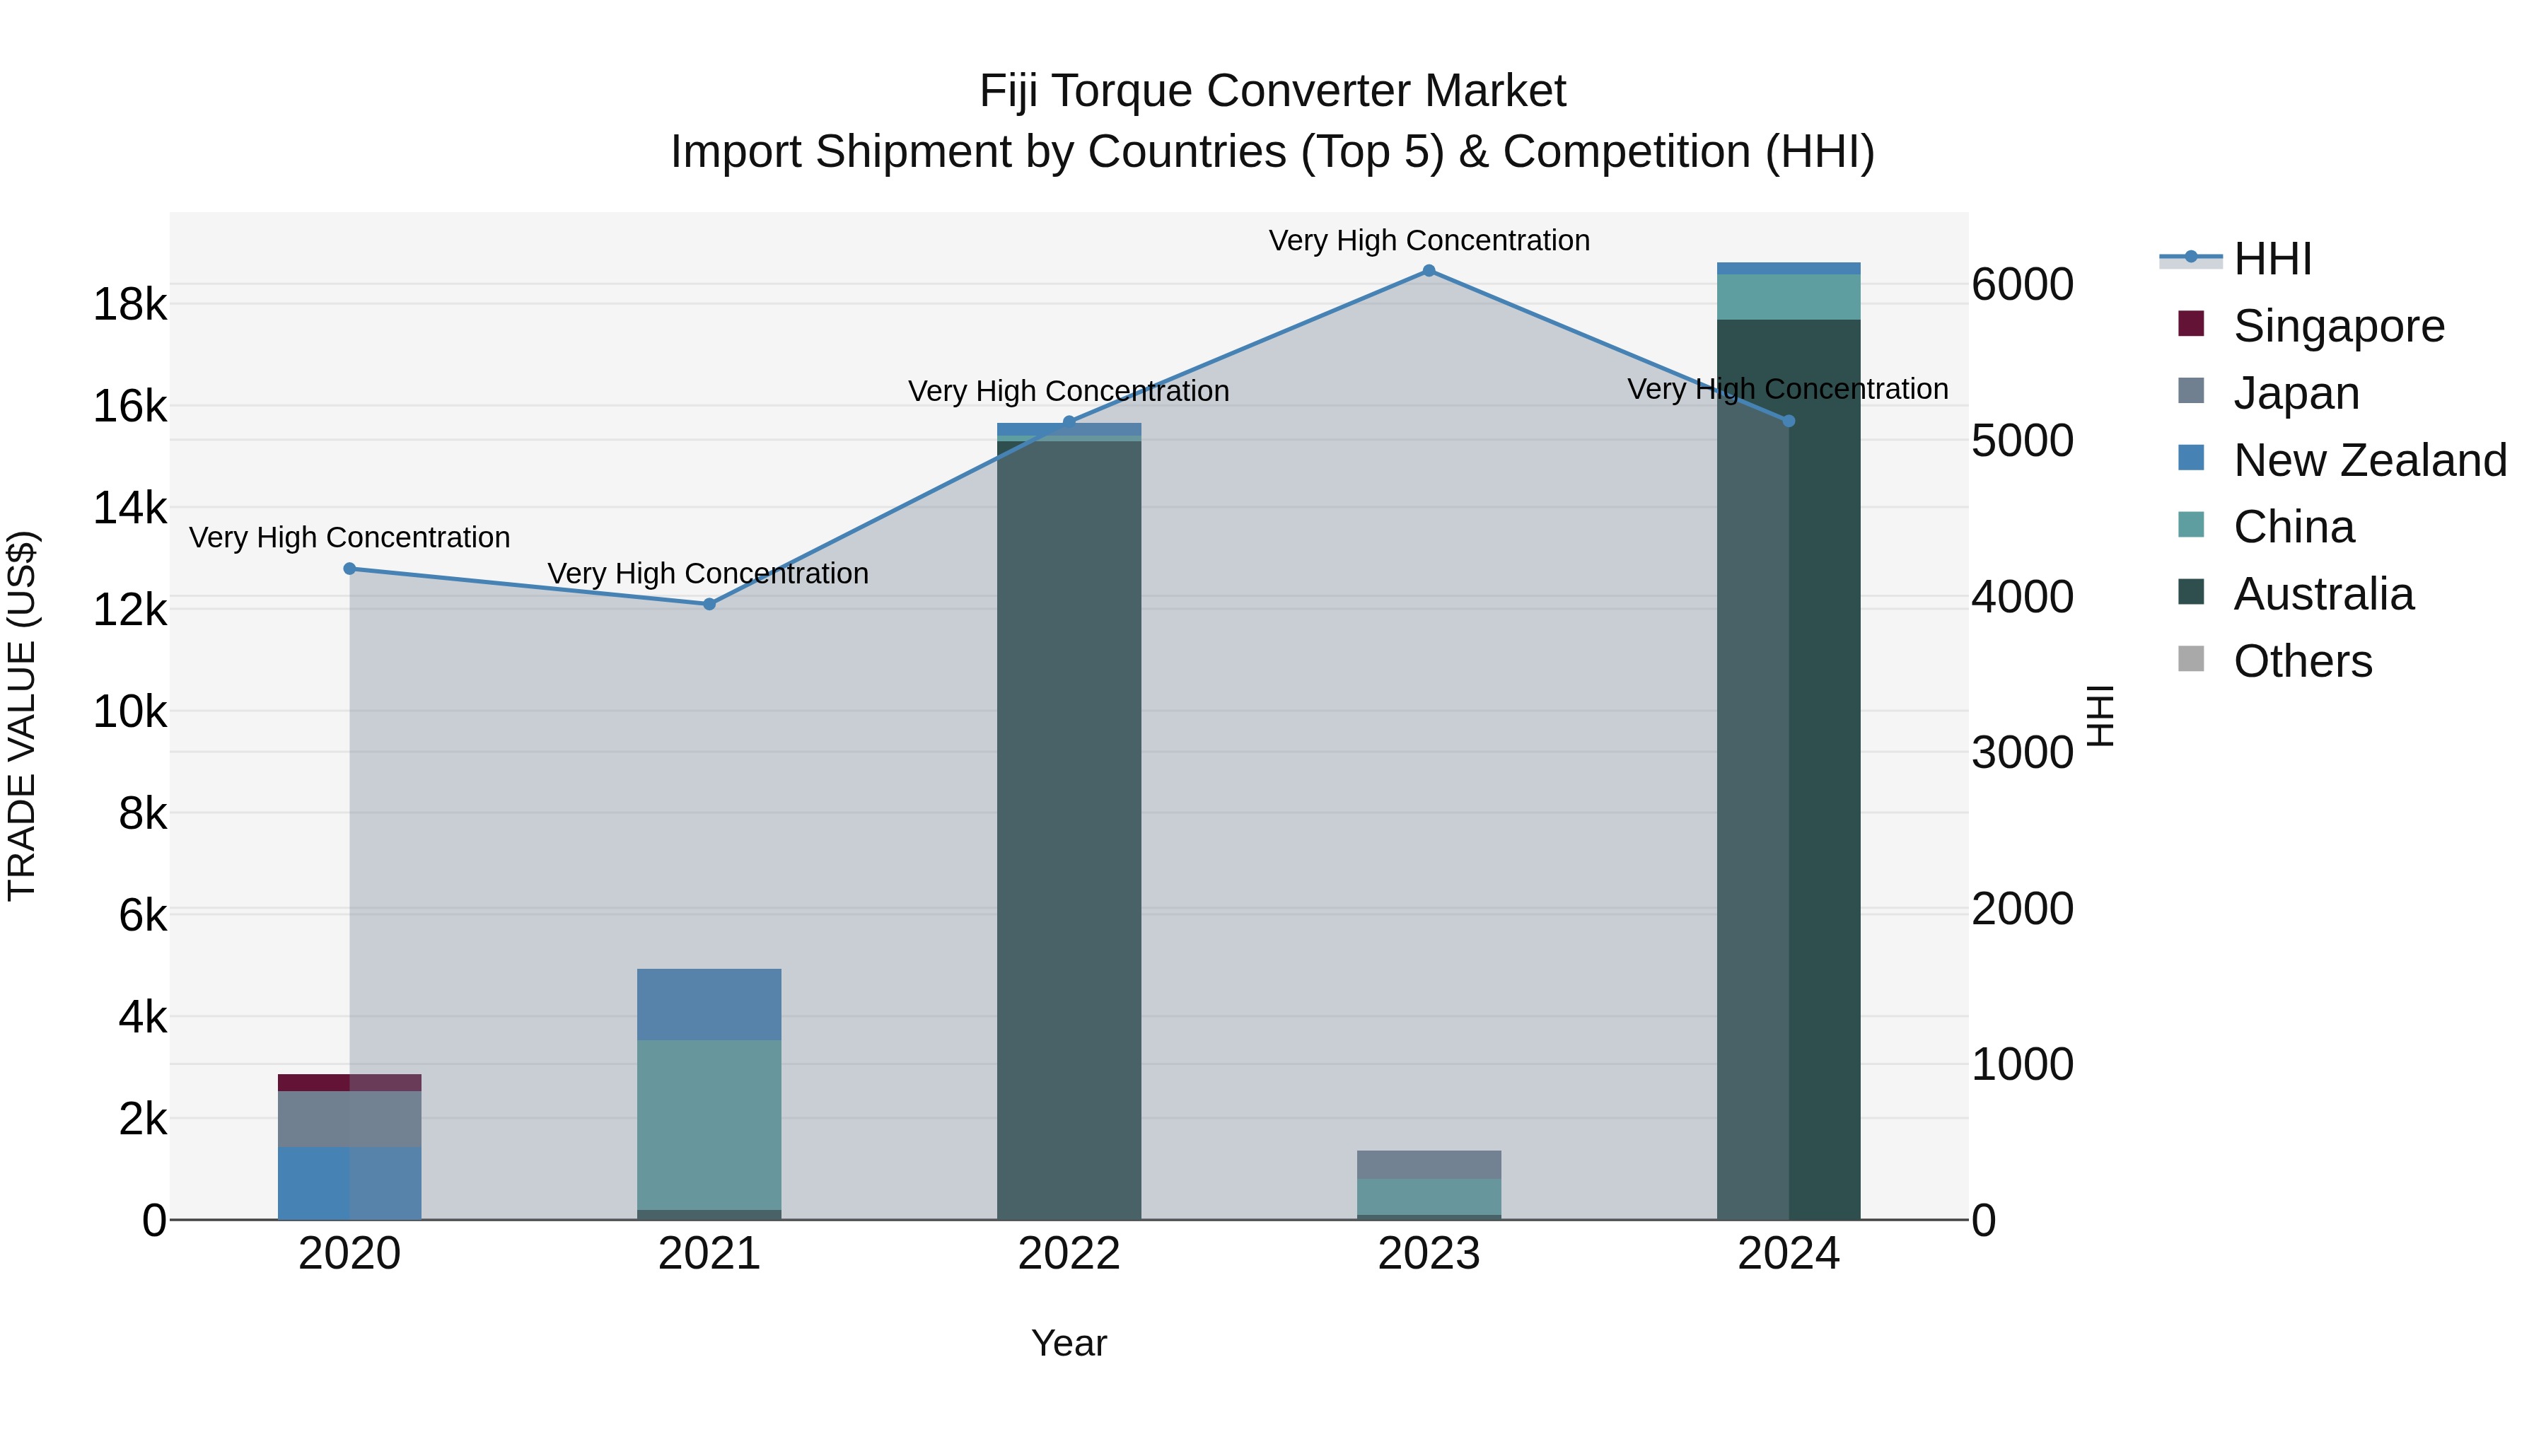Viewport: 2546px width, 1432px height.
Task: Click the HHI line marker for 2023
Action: coord(1428,271)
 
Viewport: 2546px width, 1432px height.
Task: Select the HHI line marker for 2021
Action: coord(709,604)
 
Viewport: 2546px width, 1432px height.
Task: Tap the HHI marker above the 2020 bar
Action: coord(349,569)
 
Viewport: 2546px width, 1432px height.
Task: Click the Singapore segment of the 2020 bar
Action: coord(349,1082)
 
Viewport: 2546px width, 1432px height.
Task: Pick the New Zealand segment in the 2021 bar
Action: coord(709,1004)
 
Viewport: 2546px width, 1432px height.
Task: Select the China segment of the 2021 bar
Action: coord(709,1124)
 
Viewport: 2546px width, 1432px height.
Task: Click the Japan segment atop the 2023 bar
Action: coord(1428,1164)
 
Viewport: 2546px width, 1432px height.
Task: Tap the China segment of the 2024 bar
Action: coord(1788,296)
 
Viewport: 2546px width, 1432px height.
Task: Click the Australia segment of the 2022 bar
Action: coord(1069,830)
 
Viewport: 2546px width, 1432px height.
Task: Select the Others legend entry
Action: coord(2302,661)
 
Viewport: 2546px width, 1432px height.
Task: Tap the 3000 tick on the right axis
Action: coord(2022,753)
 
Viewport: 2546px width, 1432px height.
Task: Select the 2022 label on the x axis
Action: coord(1069,1254)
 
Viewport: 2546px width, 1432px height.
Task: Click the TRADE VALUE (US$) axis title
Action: coord(22,716)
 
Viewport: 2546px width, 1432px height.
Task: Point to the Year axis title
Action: coord(1069,1343)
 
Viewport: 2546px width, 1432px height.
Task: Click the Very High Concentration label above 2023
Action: coord(1428,240)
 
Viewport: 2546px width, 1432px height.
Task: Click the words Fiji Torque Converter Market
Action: coord(1272,91)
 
